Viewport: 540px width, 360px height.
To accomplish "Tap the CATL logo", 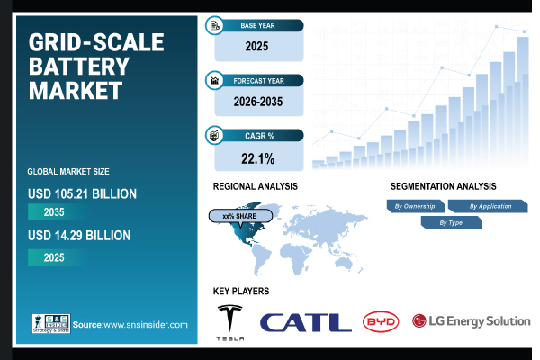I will pyautogui.click(x=306, y=322).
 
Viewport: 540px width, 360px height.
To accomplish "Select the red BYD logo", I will pyautogui.click(x=381, y=321).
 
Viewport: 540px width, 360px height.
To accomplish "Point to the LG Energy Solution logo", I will pyautogui.click(x=471, y=321).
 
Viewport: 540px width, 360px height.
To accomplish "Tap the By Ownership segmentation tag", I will pyautogui.click(x=416, y=206).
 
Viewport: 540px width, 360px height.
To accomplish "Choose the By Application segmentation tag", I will pyautogui.click(x=490, y=206).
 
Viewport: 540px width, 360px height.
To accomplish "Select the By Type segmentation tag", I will pyautogui.click(x=451, y=221).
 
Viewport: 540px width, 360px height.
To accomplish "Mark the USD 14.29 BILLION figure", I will pyautogui.click(x=79, y=236).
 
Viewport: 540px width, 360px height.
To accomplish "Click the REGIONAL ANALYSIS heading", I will pyautogui.click(x=256, y=186).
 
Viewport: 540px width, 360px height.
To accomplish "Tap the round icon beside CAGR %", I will pyautogui.click(x=215, y=136).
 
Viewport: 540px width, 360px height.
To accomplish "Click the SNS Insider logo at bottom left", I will pyautogui.click(x=50, y=323).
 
